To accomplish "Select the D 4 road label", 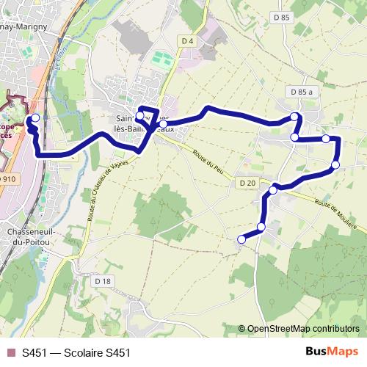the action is pos(187,41).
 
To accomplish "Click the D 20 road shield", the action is pos(247,183).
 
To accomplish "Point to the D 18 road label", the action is pos(103,281).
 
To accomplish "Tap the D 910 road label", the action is pos(7,178).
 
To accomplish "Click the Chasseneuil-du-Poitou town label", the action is pos(37,236).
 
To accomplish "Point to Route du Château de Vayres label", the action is pos(103,187).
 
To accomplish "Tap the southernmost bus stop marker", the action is pos(241,239).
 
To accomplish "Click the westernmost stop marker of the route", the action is pos(34,117).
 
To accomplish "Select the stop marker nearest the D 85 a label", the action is pos(294,117).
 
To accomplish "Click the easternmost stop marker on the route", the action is pos(335,164).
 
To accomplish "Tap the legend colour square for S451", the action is pos(10,353).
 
